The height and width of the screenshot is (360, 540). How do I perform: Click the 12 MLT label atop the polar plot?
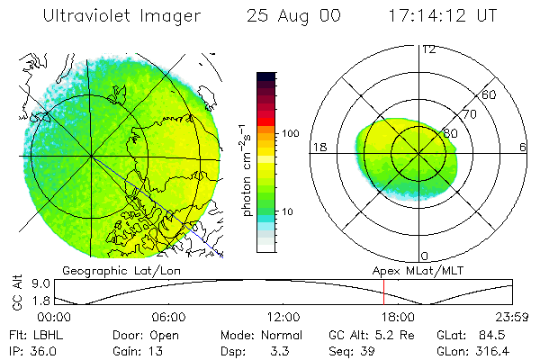pyautogui.click(x=429, y=49)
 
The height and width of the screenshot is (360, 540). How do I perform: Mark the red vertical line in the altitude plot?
pyautogui.click(x=383, y=292)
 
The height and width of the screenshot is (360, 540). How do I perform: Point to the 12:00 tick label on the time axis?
pyautogui.click(x=283, y=317)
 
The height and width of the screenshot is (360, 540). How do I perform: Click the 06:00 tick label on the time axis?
pyautogui.click(x=168, y=317)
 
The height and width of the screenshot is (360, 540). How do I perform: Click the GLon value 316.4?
pyautogui.click(x=497, y=350)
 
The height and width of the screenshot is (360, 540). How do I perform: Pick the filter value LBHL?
pyautogui.click(x=46, y=335)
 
